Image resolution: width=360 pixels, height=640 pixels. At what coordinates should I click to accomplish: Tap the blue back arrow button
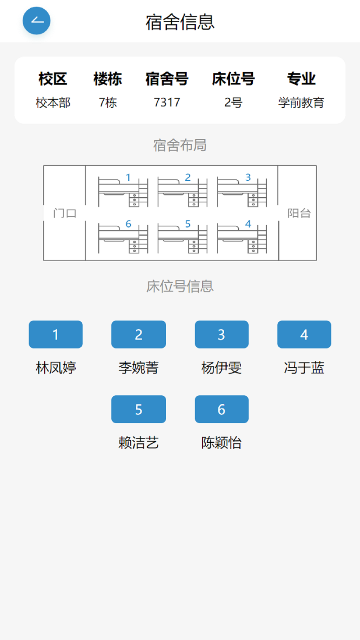point(36,21)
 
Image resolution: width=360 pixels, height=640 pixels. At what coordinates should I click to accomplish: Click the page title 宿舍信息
point(180,22)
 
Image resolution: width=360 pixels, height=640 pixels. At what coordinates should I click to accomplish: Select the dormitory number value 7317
point(167,103)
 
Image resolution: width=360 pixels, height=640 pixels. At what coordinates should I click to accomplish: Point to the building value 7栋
point(108,103)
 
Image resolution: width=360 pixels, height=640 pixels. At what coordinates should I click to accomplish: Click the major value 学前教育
point(301,103)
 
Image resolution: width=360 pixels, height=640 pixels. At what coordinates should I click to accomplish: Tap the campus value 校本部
point(53,103)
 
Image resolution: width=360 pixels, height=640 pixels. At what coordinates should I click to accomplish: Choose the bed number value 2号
point(233,103)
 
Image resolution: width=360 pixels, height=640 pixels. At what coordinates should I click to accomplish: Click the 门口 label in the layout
point(65,213)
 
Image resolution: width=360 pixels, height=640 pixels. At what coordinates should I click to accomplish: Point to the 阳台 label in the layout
point(299,213)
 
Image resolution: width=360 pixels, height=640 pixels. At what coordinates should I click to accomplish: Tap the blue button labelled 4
point(304,334)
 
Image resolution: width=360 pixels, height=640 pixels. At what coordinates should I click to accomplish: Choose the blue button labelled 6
point(221,409)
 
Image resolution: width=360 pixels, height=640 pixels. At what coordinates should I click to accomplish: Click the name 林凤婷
point(56,368)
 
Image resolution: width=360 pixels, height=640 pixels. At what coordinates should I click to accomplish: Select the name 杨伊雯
point(221,368)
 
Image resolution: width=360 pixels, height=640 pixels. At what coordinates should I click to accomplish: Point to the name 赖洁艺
point(139,443)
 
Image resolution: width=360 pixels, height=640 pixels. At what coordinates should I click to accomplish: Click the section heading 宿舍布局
point(180,145)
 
